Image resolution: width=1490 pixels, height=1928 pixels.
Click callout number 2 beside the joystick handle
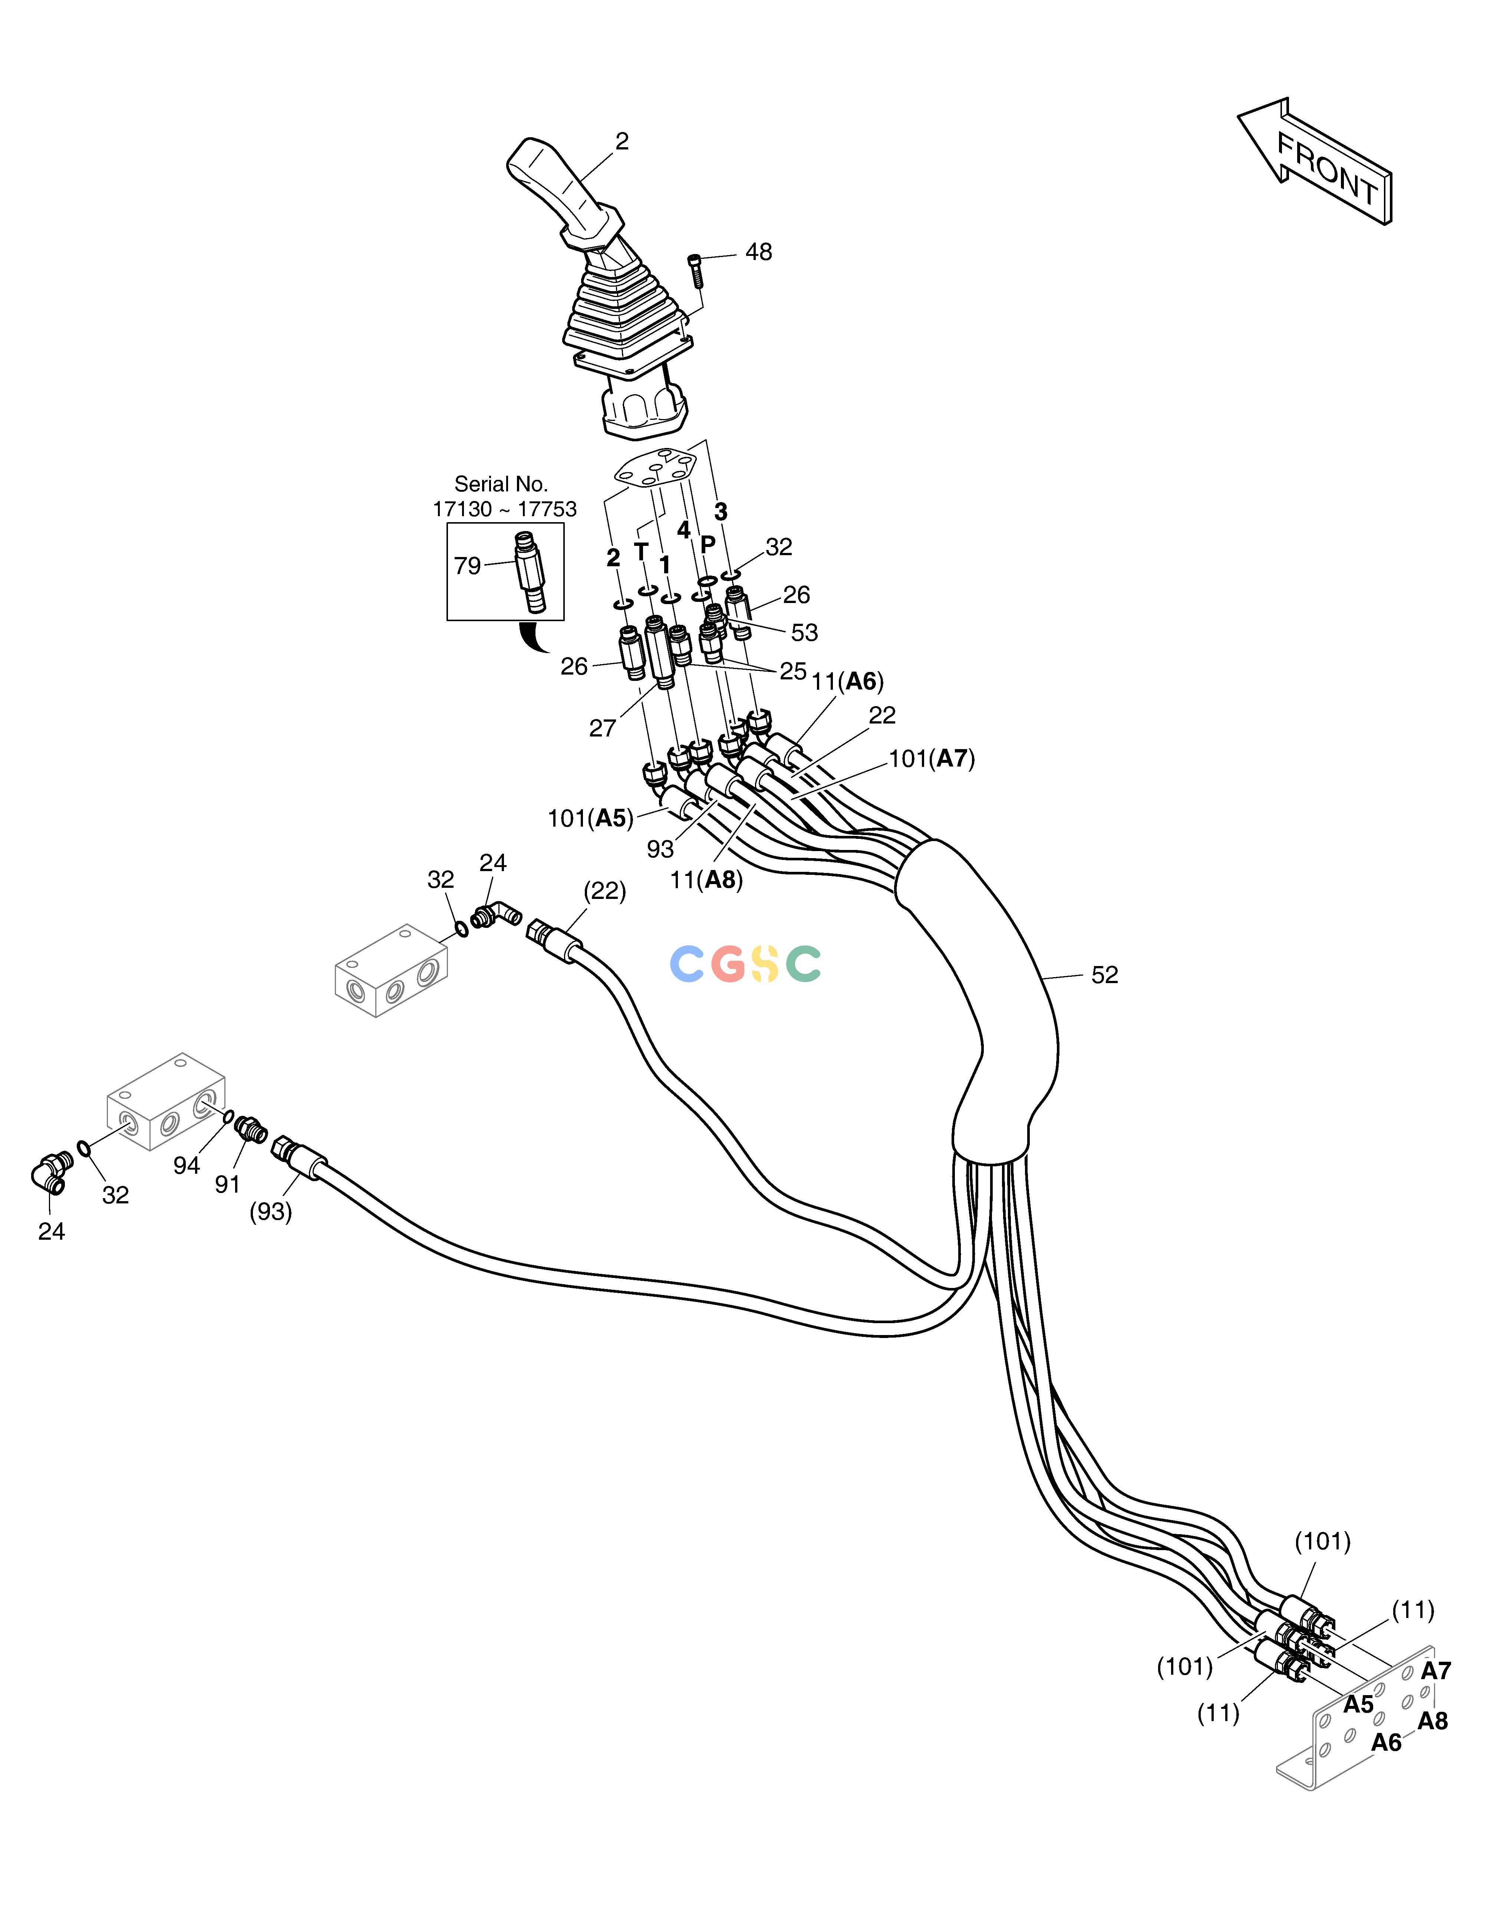pyautogui.click(x=622, y=141)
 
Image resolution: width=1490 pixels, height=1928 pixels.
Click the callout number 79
pyautogui.click(x=467, y=566)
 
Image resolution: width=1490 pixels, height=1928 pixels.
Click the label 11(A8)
pyautogui.click(x=706, y=880)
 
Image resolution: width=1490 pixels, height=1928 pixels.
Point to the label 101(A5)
pyautogui.click(x=590, y=818)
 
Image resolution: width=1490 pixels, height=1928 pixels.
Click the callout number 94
pyautogui.click(x=186, y=1165)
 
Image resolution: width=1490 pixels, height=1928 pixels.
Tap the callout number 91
pyautogui.click(x=228, y=1184)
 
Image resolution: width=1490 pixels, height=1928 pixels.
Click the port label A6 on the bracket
pyautogui.click(x=1386, y=1742)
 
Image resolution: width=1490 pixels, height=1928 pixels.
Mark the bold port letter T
pyautogui.click(x=641, y=552)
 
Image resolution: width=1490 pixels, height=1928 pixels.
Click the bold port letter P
pyautogui.click(x=707, y=545)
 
